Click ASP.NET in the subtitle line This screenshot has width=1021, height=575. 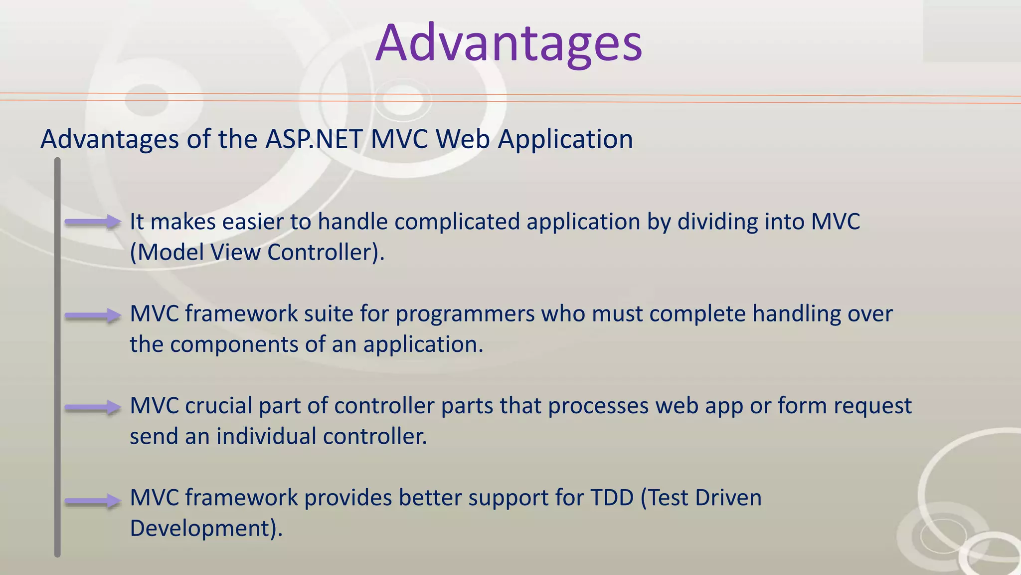point(314,139)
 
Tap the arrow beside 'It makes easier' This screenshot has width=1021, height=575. point(93,222)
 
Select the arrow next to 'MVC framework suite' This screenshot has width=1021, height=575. point(93,315)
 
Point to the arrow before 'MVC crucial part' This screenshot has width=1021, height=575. point(93,408)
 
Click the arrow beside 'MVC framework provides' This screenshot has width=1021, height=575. point(93,501)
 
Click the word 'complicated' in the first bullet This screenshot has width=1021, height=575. point(457,222)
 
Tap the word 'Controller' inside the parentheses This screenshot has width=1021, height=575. point(320,253)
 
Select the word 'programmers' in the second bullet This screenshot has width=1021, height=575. point(465,314)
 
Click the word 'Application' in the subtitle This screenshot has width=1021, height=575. point(565,139)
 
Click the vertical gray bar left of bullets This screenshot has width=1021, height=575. point(57,357)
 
